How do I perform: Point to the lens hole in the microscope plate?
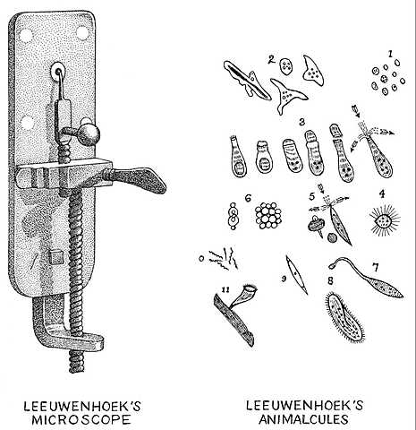(59, 68)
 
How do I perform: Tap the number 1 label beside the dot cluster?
(390, 54)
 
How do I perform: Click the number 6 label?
(246, 197)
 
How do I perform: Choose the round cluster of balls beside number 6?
(267, 215)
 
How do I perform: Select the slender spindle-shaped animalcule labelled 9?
(293, 271)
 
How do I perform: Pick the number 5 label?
(311, 195)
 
